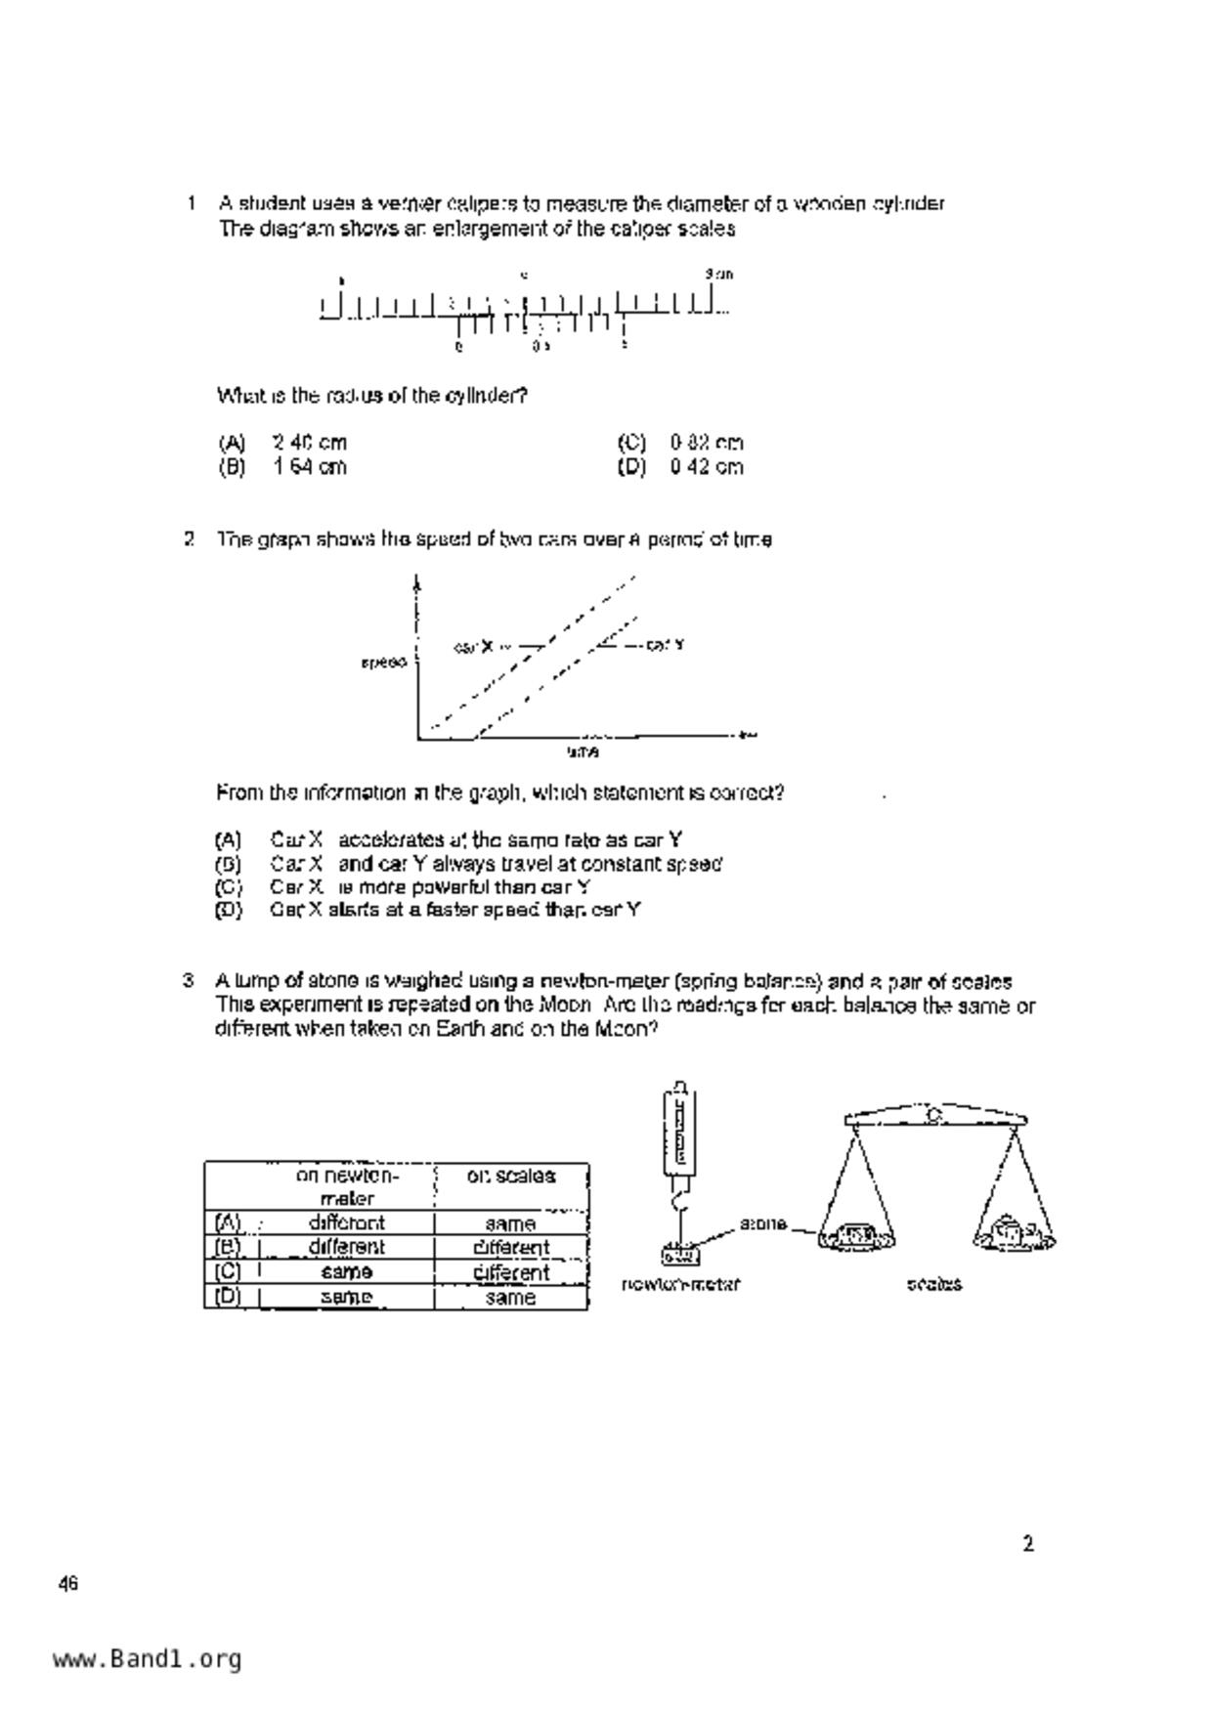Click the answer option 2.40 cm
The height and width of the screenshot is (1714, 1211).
click(x=309, y=443)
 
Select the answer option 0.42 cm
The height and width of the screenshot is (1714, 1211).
click(x=706, y=467)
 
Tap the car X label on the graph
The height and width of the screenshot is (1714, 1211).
click(x=475, y=646)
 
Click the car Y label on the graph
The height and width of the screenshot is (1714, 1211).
click(x=665, y=645)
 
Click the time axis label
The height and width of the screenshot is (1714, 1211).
click(x=583, y=751)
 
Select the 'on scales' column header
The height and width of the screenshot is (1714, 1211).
click(x=510, y=1177)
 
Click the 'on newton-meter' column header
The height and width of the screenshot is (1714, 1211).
click(x=347, y=1186)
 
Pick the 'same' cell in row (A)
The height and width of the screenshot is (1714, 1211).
click(x=510, y=1223)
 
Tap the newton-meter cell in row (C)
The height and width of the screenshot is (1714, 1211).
click(x=346, y=1272)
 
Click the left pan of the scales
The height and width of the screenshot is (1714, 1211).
click(x=856, y=1237)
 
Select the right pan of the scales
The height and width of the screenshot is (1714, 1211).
click(x=1014, y=1235)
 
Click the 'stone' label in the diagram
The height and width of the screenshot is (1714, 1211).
click(x=762, y=1223)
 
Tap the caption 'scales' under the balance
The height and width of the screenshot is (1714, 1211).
click(x=933, y=1284)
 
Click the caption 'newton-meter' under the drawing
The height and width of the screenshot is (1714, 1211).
click(x=680, y=1284)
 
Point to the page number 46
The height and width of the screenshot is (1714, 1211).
click(x=67, y=1584)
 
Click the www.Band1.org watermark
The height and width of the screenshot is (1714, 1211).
click(x=147, y=1659)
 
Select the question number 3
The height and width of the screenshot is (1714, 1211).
click(x=189, y=981)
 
